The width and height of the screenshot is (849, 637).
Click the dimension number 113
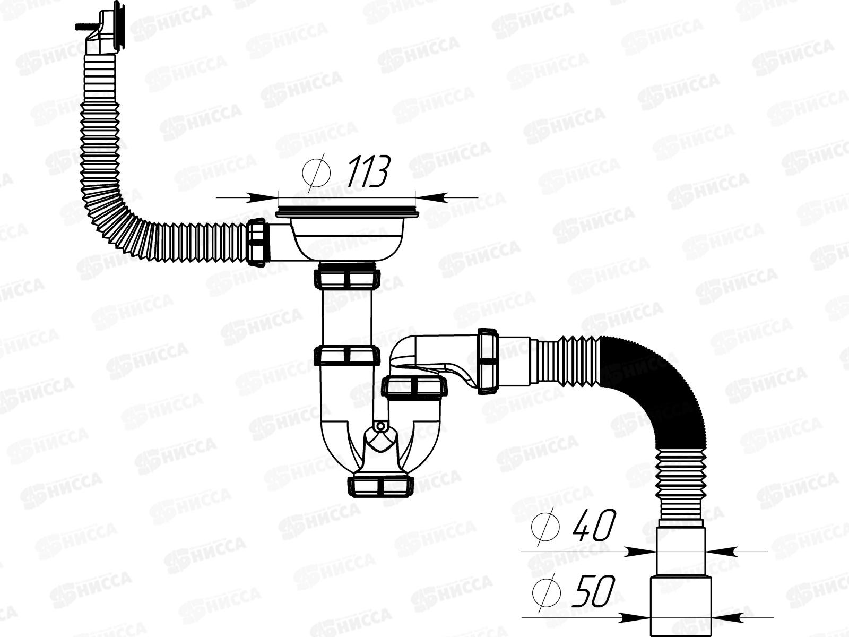[x=367, y=171]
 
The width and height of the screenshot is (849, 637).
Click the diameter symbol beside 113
[x=316, y=173]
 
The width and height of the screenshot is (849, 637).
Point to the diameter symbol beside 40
[x=545, y=527]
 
